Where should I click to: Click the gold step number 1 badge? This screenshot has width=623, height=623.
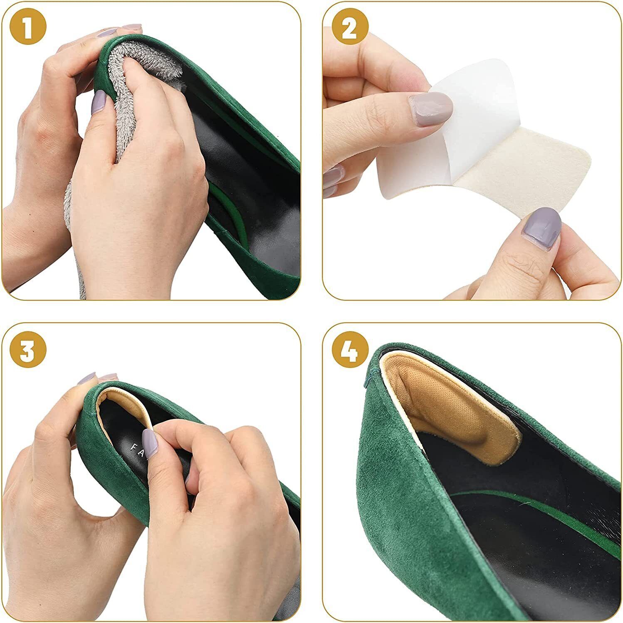point(28,28)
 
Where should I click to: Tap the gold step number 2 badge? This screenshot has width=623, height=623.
point(350,28)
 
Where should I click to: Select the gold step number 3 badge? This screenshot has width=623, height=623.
point(28,351)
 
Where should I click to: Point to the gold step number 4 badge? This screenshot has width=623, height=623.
point(350,351)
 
